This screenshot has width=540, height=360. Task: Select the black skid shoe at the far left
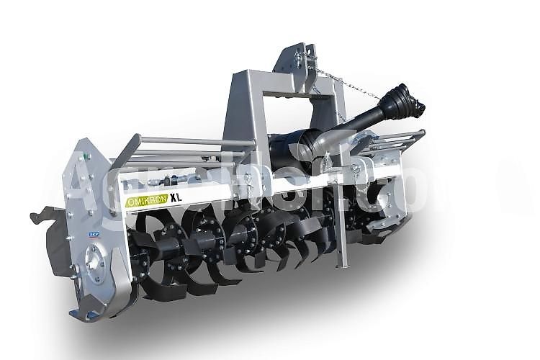click(50, 238)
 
